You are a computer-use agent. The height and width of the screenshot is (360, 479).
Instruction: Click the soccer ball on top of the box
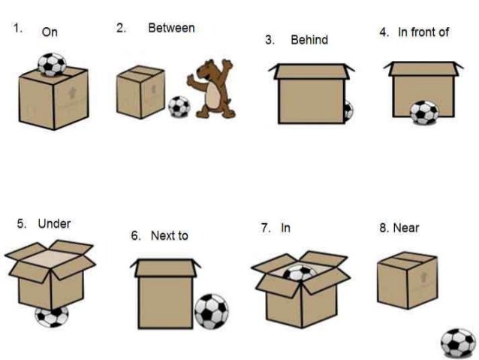[52, 64]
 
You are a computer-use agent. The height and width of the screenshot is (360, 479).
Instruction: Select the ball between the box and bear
[179, 107]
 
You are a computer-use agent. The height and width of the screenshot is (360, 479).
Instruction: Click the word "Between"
[171, 29]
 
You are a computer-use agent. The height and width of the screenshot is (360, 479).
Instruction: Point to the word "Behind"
[309, 40]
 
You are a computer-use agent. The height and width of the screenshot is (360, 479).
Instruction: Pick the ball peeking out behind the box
[348, 110]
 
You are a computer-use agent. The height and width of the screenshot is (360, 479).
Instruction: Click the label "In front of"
[423, 32]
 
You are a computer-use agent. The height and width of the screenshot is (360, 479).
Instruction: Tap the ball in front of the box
[424, 113]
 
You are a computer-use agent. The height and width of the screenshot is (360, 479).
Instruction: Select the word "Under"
[54, 223]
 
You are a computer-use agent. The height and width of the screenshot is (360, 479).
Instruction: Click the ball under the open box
[52, 316]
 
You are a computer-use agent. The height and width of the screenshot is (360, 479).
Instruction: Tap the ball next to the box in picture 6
[212, 310]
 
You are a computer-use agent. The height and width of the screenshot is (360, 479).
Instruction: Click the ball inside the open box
[300, 273]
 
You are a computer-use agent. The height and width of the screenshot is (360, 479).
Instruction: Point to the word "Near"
[406, 228]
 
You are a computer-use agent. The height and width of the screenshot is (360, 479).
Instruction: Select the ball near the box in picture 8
[458, 343]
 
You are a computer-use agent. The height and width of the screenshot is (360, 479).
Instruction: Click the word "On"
[50, 32]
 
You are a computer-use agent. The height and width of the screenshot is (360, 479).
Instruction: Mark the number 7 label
[265, 227]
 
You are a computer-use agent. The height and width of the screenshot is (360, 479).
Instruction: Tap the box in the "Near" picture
[407, 280]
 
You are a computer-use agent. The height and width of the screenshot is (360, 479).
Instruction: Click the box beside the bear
[140, 92]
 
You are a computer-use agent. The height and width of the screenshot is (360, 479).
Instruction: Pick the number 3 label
[269, 40]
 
